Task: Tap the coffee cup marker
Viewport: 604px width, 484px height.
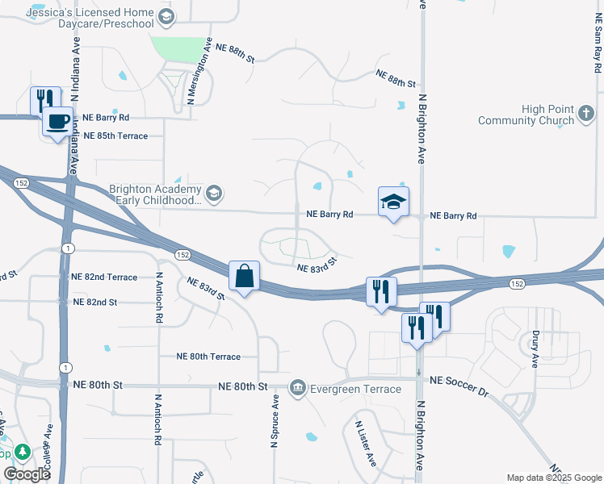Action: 57,123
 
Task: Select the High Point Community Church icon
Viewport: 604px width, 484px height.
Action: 586,120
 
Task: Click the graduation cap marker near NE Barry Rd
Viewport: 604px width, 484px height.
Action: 393,202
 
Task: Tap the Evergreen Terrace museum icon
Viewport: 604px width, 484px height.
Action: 299,389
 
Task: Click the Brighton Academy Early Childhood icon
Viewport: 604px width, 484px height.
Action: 214,194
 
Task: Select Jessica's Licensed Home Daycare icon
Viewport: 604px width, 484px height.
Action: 166,17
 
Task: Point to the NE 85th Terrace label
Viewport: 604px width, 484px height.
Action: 115,136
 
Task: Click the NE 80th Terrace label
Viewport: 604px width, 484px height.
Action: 208,357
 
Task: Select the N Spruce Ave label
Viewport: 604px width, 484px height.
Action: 275,420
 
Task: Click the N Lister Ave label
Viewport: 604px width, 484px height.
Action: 366,443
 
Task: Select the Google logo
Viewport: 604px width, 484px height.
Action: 27,474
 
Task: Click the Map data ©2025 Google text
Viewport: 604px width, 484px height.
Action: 554,478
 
